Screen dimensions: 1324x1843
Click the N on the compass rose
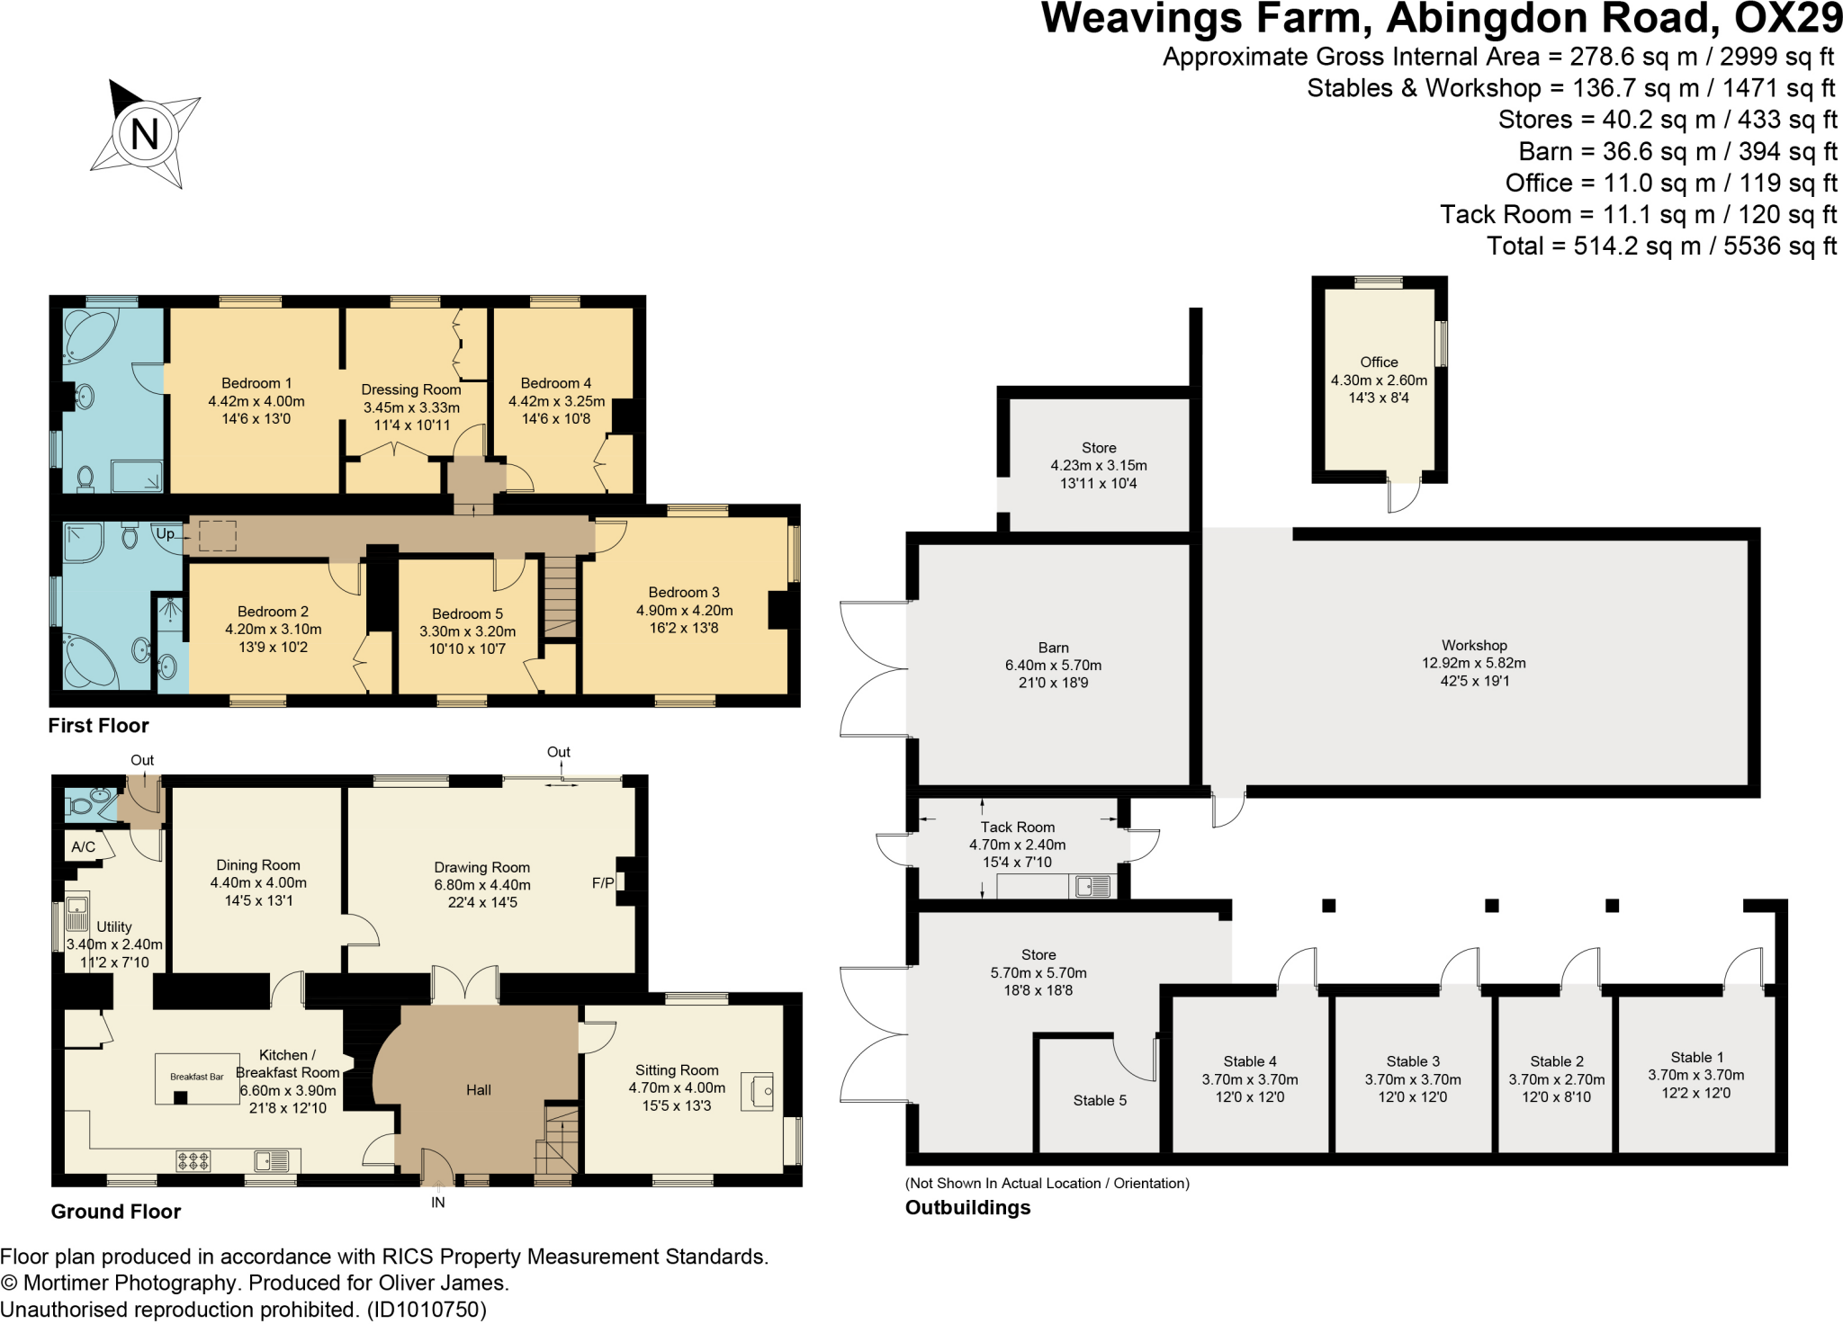pos(144,135)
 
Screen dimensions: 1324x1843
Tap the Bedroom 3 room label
pos(684,592)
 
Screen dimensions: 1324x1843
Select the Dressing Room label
pos(411,389)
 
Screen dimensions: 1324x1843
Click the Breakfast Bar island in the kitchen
pos(197,1078)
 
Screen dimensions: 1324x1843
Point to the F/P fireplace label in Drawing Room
pos(602,883)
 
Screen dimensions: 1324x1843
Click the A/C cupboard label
pos(84,846)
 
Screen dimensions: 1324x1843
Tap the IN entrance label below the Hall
pos(438,1203)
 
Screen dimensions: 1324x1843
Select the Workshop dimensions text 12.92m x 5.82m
pos(1473,663)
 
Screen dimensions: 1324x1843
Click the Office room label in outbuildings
pos(1379,362)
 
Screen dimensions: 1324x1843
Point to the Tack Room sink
pos(1092,887)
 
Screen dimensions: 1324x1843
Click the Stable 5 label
pos(1099,1100)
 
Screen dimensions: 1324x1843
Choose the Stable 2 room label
pos(1556,1061)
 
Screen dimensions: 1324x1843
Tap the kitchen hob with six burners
pos(193,1161)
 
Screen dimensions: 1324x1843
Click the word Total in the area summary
pos(1515,246)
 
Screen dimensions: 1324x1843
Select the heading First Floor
pos(98,726)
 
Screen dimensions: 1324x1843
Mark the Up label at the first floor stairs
pos(166,533)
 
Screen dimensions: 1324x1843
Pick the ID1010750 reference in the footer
pos(427,1310)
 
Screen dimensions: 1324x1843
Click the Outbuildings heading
pos(967,1208)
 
